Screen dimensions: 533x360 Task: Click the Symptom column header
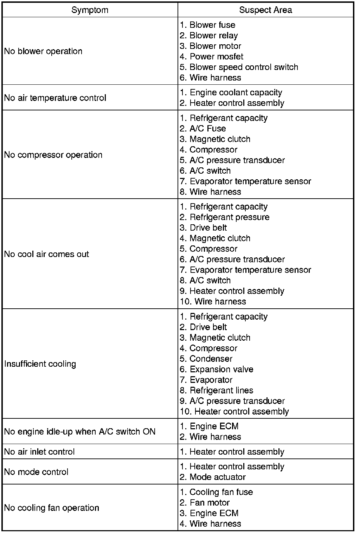[90, 10]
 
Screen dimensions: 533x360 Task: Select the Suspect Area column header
[265, 10]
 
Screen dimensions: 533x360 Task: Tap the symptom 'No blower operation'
[43, 51]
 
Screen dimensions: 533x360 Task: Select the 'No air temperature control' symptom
[55, 98]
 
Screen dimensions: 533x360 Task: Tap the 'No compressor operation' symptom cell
[53, 155]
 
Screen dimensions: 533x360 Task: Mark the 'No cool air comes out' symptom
[46, 254]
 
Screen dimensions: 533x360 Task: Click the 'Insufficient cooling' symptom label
[40, 364]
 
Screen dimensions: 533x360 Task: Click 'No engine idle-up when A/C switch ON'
[80, 432]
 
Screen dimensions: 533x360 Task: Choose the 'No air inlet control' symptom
[39, 452]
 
